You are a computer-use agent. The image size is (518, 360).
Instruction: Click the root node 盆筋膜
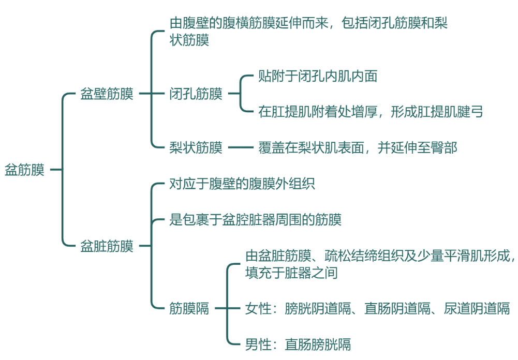(24, 170)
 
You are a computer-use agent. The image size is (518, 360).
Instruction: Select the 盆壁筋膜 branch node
(107, 94)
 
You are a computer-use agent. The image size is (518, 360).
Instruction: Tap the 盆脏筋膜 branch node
(107, 246)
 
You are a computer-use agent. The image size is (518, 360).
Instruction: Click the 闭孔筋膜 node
(196, 94)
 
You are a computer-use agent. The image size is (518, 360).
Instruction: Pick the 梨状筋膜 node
(196, 148)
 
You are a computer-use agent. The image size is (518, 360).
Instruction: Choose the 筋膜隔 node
(189, 309)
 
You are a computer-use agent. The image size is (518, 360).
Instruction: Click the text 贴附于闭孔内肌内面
(318, 77)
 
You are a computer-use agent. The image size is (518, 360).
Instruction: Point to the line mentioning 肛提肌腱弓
(371, 111)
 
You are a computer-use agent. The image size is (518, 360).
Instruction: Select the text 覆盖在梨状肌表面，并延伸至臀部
(358, 148)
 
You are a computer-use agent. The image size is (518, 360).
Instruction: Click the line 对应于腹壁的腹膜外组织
(242, 184)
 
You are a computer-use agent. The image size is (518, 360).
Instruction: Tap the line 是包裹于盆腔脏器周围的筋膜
(256, 220)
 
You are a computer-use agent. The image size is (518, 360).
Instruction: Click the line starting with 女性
(377, 309)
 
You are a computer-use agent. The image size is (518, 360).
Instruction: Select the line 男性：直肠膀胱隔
(298, 344)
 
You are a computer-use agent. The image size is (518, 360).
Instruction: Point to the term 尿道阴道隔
(477, 309)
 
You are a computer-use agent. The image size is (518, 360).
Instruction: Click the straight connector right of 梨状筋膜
(239, 148)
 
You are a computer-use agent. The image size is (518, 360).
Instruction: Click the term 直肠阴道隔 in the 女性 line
(397, 309)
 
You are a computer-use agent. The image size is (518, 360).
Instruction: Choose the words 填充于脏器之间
(291, 273)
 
